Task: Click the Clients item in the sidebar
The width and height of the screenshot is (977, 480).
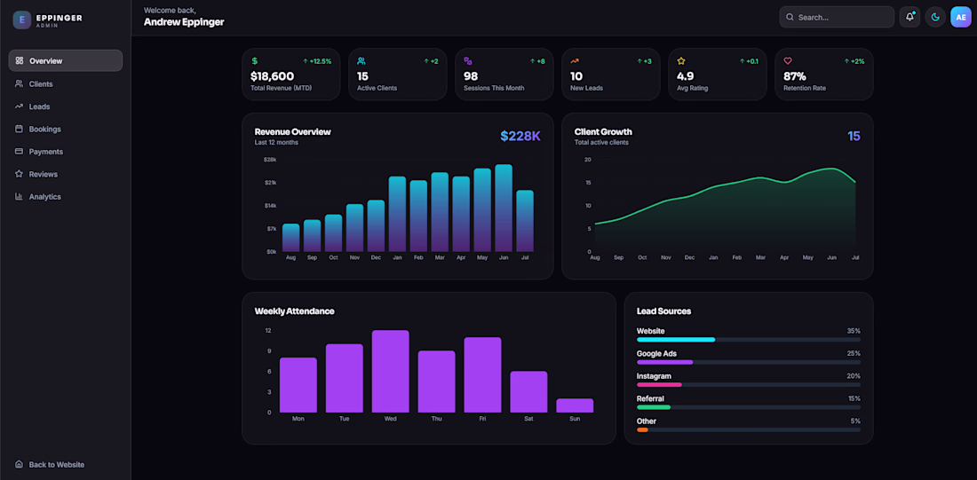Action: click(x=41, y=84)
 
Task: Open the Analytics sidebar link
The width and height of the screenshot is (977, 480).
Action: click(x=45, y=197)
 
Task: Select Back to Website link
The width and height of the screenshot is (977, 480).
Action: click(x=56, y=464)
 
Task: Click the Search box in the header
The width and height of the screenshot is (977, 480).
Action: click(x=837, y=18)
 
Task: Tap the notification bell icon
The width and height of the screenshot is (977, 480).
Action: click(x=909, y=18)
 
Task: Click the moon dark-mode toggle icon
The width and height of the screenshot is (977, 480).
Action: click(x=935, y=18)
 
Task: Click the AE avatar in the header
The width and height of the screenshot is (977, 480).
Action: click(x=961, y=18)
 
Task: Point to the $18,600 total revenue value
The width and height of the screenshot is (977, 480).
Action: click(x=273, y=76)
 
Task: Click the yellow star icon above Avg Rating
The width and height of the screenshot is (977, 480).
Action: click(x=681, y=61)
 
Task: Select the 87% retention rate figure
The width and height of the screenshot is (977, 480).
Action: click(x=794, y=76)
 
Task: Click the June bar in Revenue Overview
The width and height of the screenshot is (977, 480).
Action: click(x=504, y=208)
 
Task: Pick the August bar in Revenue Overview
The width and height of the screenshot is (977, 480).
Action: click(x=291, y=238)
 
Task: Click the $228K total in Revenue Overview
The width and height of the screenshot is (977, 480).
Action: click(x=520, y=136)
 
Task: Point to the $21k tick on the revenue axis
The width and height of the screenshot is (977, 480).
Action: click(x=270, y=183)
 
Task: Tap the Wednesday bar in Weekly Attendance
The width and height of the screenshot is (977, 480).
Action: click(x=390, y=371)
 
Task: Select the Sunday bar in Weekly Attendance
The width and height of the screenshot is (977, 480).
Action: click(x=575, y=405)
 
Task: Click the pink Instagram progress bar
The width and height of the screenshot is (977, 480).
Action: click(x=659, y=385)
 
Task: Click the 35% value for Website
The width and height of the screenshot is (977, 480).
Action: click(x=854, y=331)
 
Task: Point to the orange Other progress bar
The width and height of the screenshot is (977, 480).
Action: click(x=642, y=429)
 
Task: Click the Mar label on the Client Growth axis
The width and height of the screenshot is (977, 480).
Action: click(x=760, y=257)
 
